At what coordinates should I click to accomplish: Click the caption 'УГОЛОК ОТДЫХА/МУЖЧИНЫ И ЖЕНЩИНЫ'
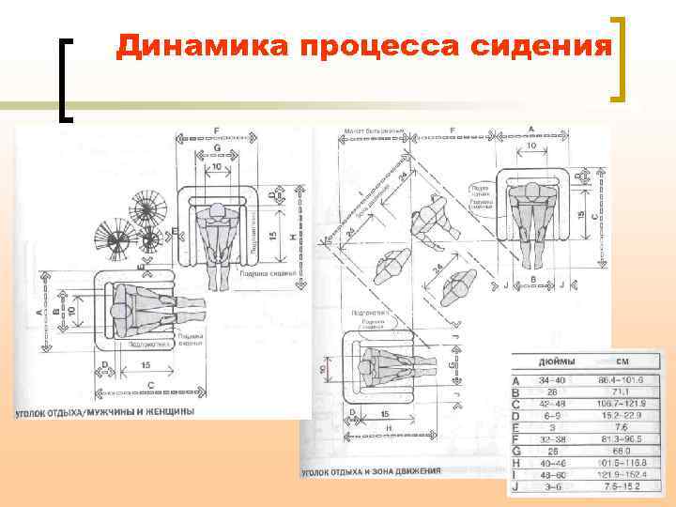(104, 411)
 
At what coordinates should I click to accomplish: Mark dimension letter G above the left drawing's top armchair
(218, 148)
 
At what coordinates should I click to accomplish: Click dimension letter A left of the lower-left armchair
(39, 310)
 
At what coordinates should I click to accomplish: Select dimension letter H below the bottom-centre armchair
(388, 427)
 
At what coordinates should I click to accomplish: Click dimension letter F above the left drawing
(217, 130)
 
